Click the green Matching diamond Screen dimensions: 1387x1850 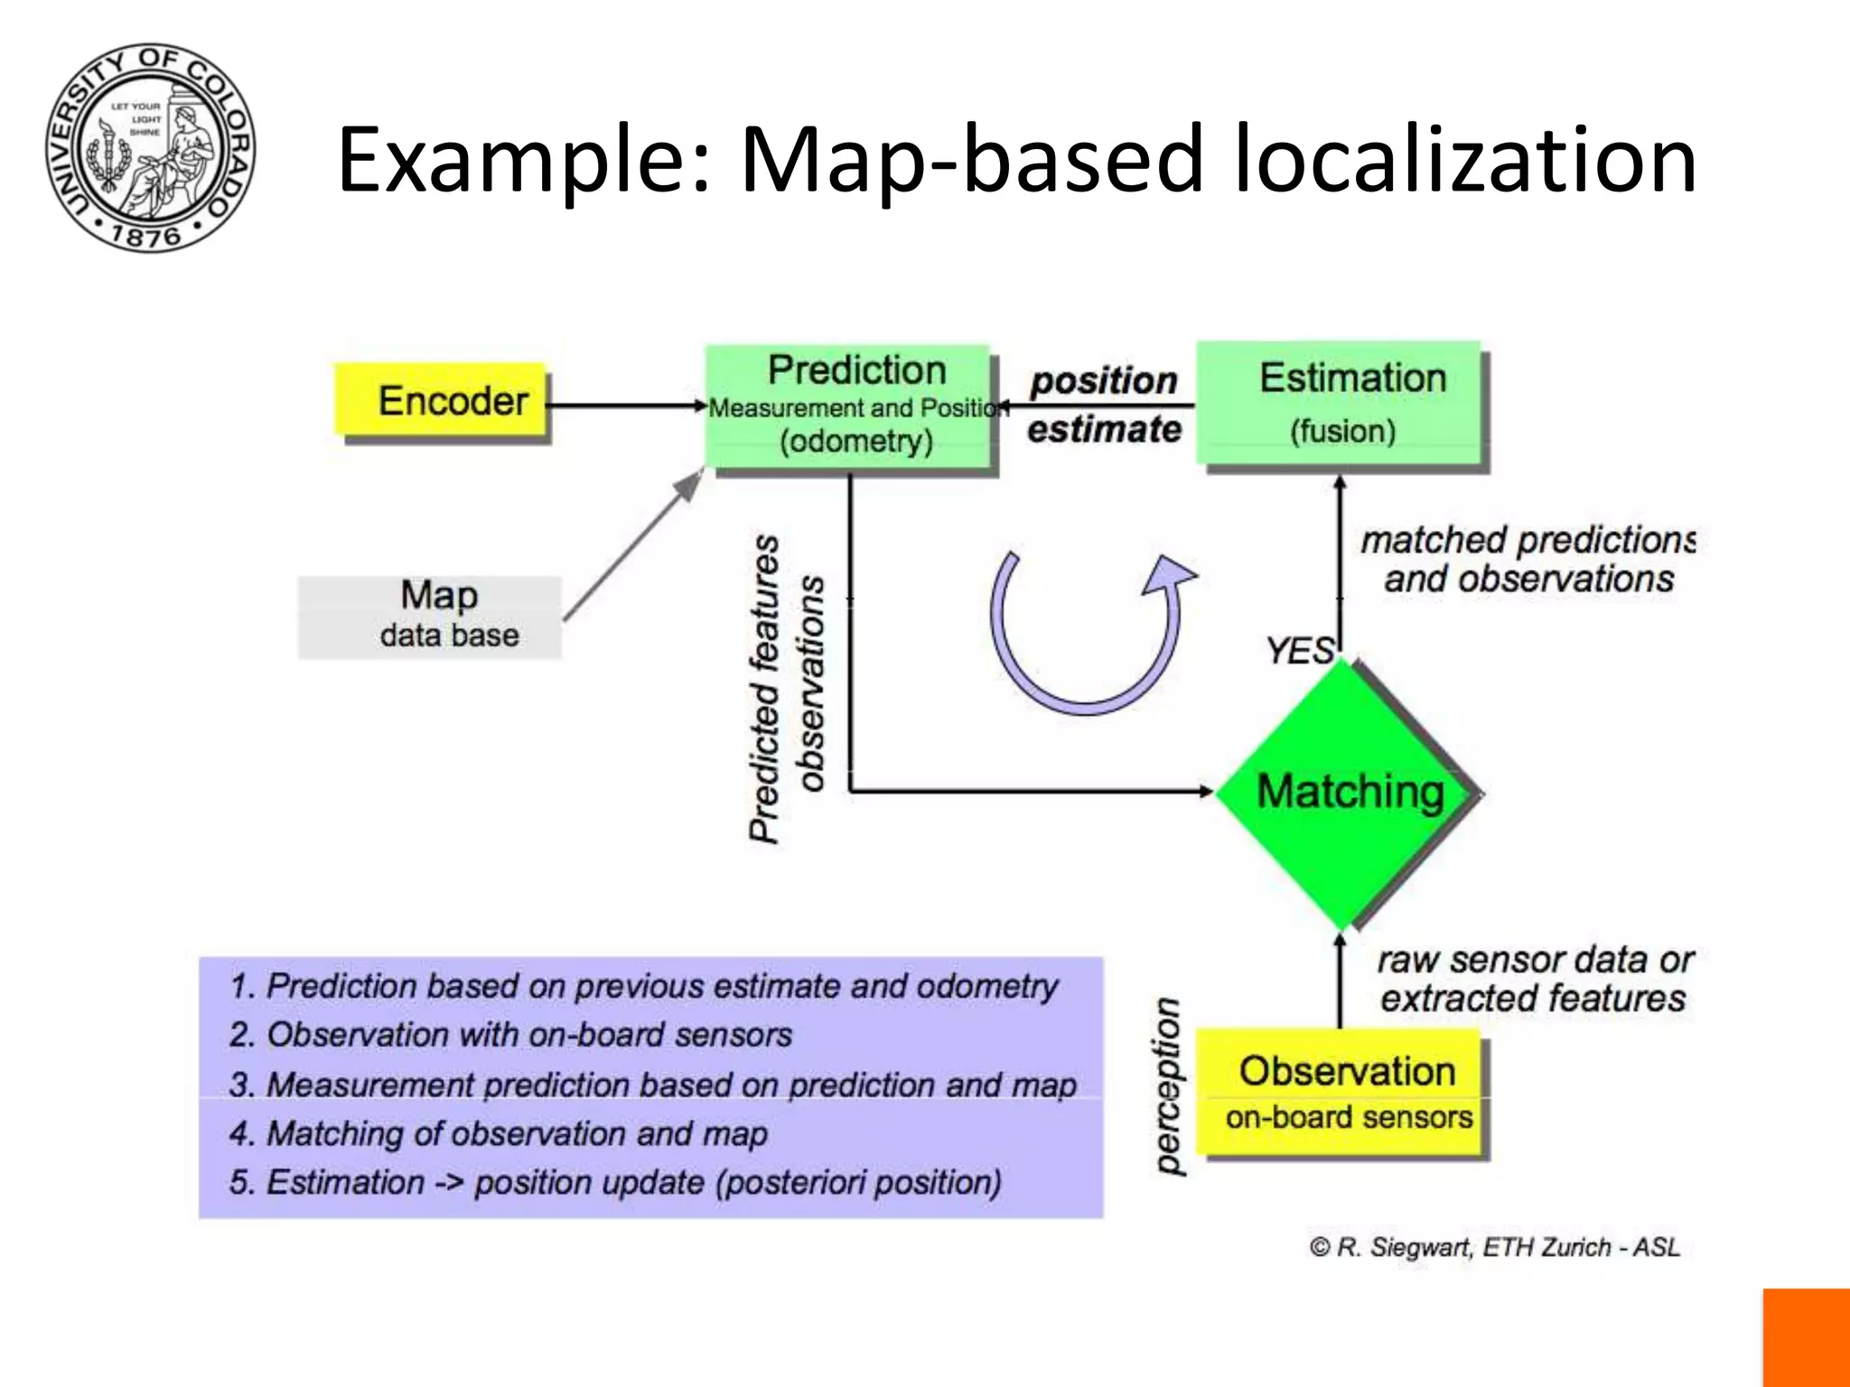[1346, 793]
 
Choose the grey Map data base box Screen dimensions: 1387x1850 [430, 617]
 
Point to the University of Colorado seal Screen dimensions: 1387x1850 [151, 147]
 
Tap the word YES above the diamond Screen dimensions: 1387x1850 [1299, 650]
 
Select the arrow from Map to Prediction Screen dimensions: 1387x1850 [632, 545]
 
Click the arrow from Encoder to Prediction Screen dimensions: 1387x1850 [626, 405]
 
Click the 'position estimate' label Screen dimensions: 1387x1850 [1104, 405]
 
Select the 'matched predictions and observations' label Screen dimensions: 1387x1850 [1528, 560]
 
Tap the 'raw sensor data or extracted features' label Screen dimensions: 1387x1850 [1534, 979]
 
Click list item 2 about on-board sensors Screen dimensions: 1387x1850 [510, 1035]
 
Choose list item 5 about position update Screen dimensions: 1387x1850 [615, 1183]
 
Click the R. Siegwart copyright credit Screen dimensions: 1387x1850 [1495, 1247]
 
